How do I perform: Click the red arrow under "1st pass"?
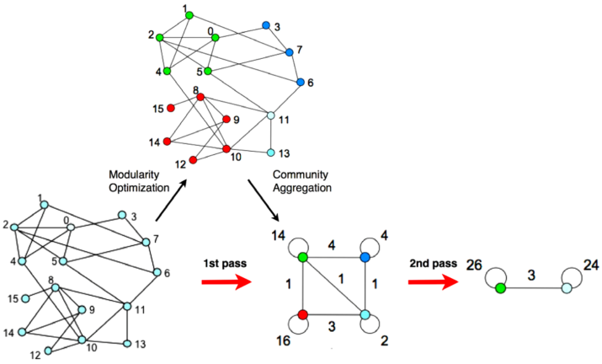[226, 282]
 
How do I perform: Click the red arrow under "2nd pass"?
[433, 282]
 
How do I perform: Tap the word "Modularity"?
[134, 175]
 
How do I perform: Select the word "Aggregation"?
[302, 188]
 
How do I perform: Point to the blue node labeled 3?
[266, 25]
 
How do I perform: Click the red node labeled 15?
[171, 109]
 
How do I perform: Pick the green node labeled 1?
[189, 15]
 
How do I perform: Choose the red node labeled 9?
[226, 119]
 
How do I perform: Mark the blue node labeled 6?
[301, 82]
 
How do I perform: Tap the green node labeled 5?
[208, 71]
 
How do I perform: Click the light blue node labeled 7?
[146, 242]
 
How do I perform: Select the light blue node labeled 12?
[48, 351]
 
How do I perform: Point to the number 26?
[474, 265]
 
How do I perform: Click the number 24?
[591, 265]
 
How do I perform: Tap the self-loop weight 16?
[284, 340]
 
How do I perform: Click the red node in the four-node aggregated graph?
[303, 315]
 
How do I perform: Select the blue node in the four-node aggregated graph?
[365, 257]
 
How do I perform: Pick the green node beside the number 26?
[500, 288]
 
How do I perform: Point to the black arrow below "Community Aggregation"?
[264, 201]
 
